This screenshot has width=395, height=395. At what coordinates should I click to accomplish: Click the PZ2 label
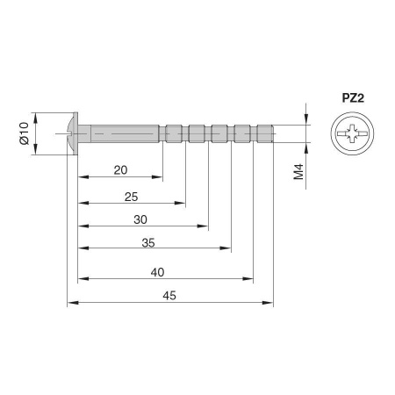click(353, 98)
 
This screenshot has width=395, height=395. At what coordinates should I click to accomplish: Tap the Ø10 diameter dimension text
click(25, 133)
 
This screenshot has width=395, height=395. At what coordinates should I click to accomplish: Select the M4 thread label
click(298, 172)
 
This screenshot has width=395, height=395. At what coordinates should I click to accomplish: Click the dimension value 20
click(120, 170)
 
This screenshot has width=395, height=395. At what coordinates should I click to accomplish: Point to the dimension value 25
click(131, 197)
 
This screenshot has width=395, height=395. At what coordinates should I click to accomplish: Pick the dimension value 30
click(140, 219)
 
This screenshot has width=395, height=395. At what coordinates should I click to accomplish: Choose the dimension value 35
click(148, 243)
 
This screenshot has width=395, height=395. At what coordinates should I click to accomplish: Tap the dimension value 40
click(157, 272)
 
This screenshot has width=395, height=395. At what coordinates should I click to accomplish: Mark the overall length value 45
click(169, 296)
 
